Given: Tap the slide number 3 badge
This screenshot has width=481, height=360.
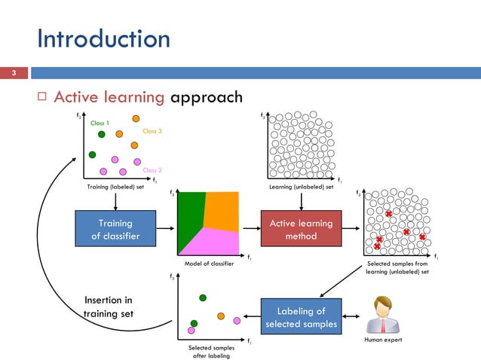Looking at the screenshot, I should [x=13, y=73].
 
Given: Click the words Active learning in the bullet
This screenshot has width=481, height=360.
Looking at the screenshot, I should [x=110, y=98].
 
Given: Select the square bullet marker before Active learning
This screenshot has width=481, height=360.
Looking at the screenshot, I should [x=42, y=99].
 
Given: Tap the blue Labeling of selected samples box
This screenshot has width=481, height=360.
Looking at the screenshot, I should [x=301, y=318].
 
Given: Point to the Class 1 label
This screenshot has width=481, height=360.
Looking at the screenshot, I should [x=100, y=123].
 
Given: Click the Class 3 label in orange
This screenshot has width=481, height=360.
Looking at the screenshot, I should [x=152, y=131].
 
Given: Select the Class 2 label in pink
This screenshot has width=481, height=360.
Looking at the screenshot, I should [x=152, y=170].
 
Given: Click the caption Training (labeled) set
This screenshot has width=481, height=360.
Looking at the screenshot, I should [x=116, y=187].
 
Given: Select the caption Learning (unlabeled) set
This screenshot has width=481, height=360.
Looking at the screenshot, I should [x=302, y=187].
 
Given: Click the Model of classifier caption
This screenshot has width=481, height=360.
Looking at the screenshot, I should [x=208, y=264].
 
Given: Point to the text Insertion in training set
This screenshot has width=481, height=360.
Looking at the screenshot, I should [x=109, y=307].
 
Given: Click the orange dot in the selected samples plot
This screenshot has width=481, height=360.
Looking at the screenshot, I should [x=221, y=316].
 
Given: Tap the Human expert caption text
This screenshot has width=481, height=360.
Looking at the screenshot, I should [x=382, y=340].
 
